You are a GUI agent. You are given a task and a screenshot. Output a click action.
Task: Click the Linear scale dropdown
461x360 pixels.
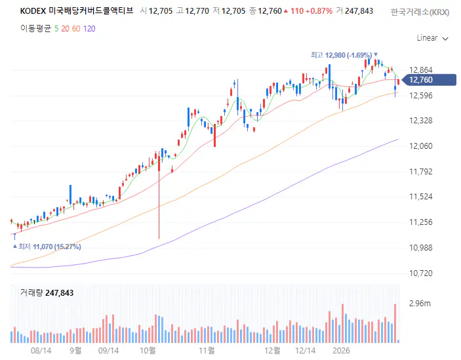coord(432,38)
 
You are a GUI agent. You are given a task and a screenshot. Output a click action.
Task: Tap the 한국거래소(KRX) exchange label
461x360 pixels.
coord(420,11)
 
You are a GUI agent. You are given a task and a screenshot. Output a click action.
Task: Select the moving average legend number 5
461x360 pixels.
coord(56,29)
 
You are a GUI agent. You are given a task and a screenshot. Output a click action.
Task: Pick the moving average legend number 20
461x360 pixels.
coord(65,29)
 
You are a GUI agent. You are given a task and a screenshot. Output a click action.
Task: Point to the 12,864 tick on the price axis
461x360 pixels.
coord(420,70)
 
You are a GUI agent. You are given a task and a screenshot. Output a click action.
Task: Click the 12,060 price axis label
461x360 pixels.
coord(420,146)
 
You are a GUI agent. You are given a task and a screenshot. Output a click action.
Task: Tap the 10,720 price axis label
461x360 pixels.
coord(420,273)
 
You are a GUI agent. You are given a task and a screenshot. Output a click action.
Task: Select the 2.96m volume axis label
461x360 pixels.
coord(419,304)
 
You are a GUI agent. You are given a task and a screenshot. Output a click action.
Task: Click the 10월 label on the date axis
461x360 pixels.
coord(148,351)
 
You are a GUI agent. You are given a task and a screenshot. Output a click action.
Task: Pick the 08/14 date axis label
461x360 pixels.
coord(41,351)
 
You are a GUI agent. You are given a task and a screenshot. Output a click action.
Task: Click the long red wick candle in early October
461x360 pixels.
coord(159,197)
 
